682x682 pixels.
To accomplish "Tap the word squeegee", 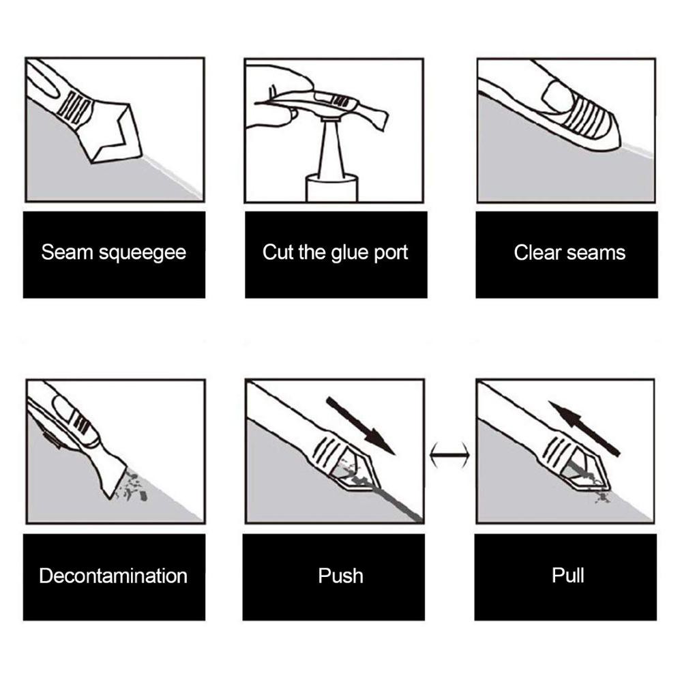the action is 143,254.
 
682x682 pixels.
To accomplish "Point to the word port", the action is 391,254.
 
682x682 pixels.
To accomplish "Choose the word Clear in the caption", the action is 536,252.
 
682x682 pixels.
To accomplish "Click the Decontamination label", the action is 113,576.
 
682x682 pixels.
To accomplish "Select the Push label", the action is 340,576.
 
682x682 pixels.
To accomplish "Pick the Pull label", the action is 567,575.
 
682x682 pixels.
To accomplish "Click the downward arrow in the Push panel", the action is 361,426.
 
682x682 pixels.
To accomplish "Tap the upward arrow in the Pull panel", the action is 584,428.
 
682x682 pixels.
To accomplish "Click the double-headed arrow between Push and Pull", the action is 449,455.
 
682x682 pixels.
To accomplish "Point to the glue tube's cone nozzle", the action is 331,148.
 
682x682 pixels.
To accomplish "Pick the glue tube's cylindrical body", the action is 332,188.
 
